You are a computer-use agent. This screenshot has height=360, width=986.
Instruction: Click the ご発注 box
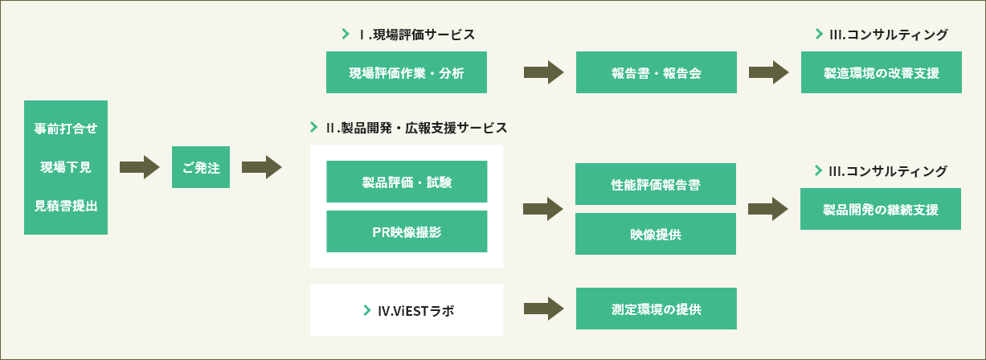(x=201, y=167)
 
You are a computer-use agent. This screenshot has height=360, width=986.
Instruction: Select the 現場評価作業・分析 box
(x=407, y=72)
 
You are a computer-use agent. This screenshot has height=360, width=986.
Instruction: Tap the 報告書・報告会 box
(x=657, y=72)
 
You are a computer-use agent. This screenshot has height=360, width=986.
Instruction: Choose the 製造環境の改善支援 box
(x=882, y=72)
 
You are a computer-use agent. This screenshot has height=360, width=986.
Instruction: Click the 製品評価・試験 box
(x=407, y=182)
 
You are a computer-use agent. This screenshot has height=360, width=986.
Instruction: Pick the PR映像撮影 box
(x=407, y=231)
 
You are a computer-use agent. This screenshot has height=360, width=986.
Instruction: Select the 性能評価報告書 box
(x=656, y=184)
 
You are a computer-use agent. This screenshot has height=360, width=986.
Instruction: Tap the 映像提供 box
(x=656, y=234)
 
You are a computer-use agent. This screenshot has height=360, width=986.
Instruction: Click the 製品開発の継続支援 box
(x=881, y=209)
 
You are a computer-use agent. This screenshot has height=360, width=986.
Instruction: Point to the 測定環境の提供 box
(x=657, y=309)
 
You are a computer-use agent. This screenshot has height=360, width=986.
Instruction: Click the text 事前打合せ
(x=66, y=129)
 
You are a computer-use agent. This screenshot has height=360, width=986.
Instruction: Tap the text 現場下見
(x=66, y=167)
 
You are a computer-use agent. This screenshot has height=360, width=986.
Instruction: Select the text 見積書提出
(x=66, y=206)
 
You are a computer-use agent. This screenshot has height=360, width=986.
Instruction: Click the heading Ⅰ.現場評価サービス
(x=417, y=35)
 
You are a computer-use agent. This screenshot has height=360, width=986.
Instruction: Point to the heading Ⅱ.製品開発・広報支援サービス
(x=416, y=128)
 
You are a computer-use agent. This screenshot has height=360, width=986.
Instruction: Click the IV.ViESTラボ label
(x=415, y=311)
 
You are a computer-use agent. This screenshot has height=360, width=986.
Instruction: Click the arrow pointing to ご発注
(x=140, y=167)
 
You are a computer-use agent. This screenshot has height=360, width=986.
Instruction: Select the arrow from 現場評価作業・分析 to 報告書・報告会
(x=543, y=72)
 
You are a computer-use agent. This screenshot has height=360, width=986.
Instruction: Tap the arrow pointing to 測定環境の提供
(x=543, y=309)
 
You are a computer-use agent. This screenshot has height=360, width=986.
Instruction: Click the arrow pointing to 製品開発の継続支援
(x=768, y=209)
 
